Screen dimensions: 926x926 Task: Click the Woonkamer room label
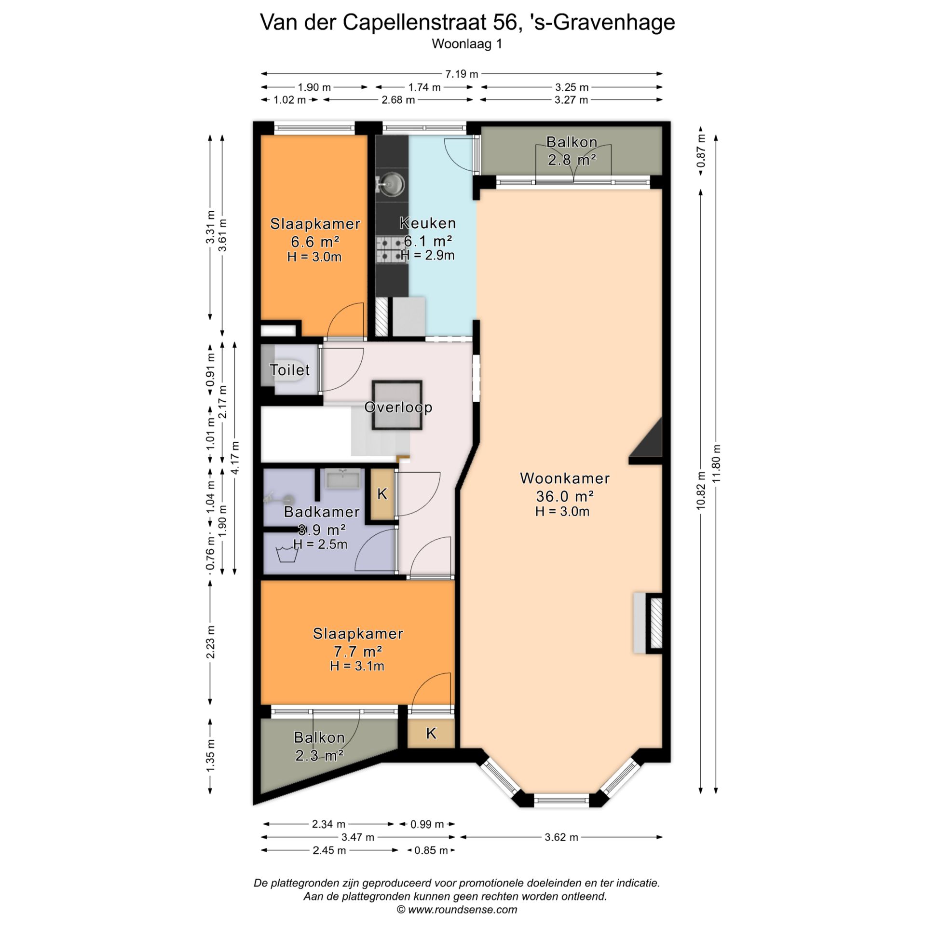[x=565, y=478]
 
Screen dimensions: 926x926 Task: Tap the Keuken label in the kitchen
[x=428, y=223]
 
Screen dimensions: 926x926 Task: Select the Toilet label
[x=289, y=370]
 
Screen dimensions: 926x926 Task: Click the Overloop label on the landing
[x=398, y=407]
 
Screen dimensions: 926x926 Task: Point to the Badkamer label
[x=322, y=512]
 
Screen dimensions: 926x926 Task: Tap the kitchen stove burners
[x=389, y=249]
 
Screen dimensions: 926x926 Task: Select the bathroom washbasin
[x=343, y=478]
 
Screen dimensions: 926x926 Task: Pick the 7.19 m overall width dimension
[x=462, y=74]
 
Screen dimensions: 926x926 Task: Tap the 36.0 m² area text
[x=565, y=496]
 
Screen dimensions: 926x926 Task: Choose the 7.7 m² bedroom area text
[x=358, y=652]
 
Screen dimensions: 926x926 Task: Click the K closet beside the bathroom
[x=382, y=494]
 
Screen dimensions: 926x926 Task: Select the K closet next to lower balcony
[x=431, y=733]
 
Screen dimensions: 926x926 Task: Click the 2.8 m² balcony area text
[x=572, y=159]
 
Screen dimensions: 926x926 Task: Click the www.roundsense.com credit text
[x=463, y=910]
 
